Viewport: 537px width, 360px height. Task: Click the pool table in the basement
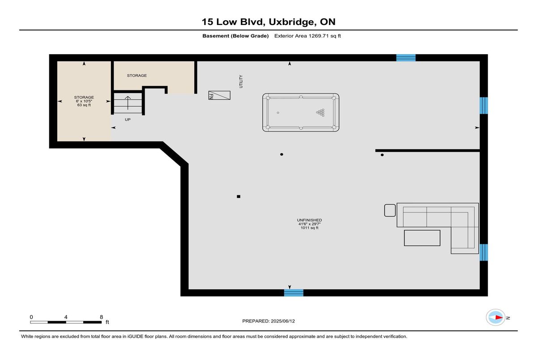coord(301,112)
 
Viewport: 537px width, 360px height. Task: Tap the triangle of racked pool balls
coord(320,113)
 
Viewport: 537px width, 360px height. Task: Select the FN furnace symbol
coord(219,95)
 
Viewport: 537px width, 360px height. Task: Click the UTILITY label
coord(241,81)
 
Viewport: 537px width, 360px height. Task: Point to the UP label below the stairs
coord(128,119)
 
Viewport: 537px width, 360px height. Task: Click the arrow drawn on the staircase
coord(128,103)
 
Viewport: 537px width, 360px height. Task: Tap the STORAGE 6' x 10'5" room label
coord(84,101)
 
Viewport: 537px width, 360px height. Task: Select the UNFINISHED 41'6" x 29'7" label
coord(310,224)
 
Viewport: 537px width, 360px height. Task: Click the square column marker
coord(239,196)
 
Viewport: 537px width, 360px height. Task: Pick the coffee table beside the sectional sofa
coord(422,238)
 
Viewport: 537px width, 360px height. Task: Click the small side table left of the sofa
coord(390,210)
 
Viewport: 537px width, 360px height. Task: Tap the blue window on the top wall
coord(406,58)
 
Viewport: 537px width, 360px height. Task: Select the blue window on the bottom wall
coord(294,292)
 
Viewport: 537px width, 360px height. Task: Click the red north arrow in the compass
coord(499,318)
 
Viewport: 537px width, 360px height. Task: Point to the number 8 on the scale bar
coord(102,317)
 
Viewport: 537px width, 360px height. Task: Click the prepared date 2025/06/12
coord(282,321)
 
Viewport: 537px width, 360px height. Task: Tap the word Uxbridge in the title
coord(291,22)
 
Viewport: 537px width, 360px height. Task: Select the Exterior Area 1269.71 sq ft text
coord(307,36)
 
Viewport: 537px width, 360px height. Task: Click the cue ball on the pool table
coord(278,113)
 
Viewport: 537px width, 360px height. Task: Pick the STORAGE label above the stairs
coord(136,76)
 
